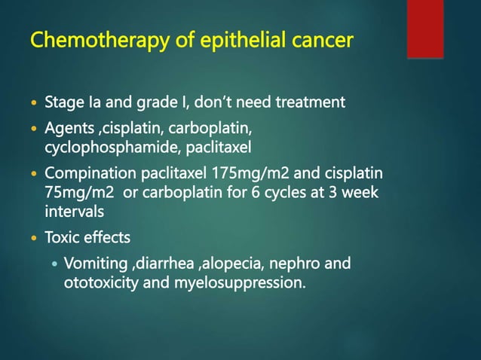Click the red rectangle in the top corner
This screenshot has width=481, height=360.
pyautogui.click(x=424, y=29)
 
